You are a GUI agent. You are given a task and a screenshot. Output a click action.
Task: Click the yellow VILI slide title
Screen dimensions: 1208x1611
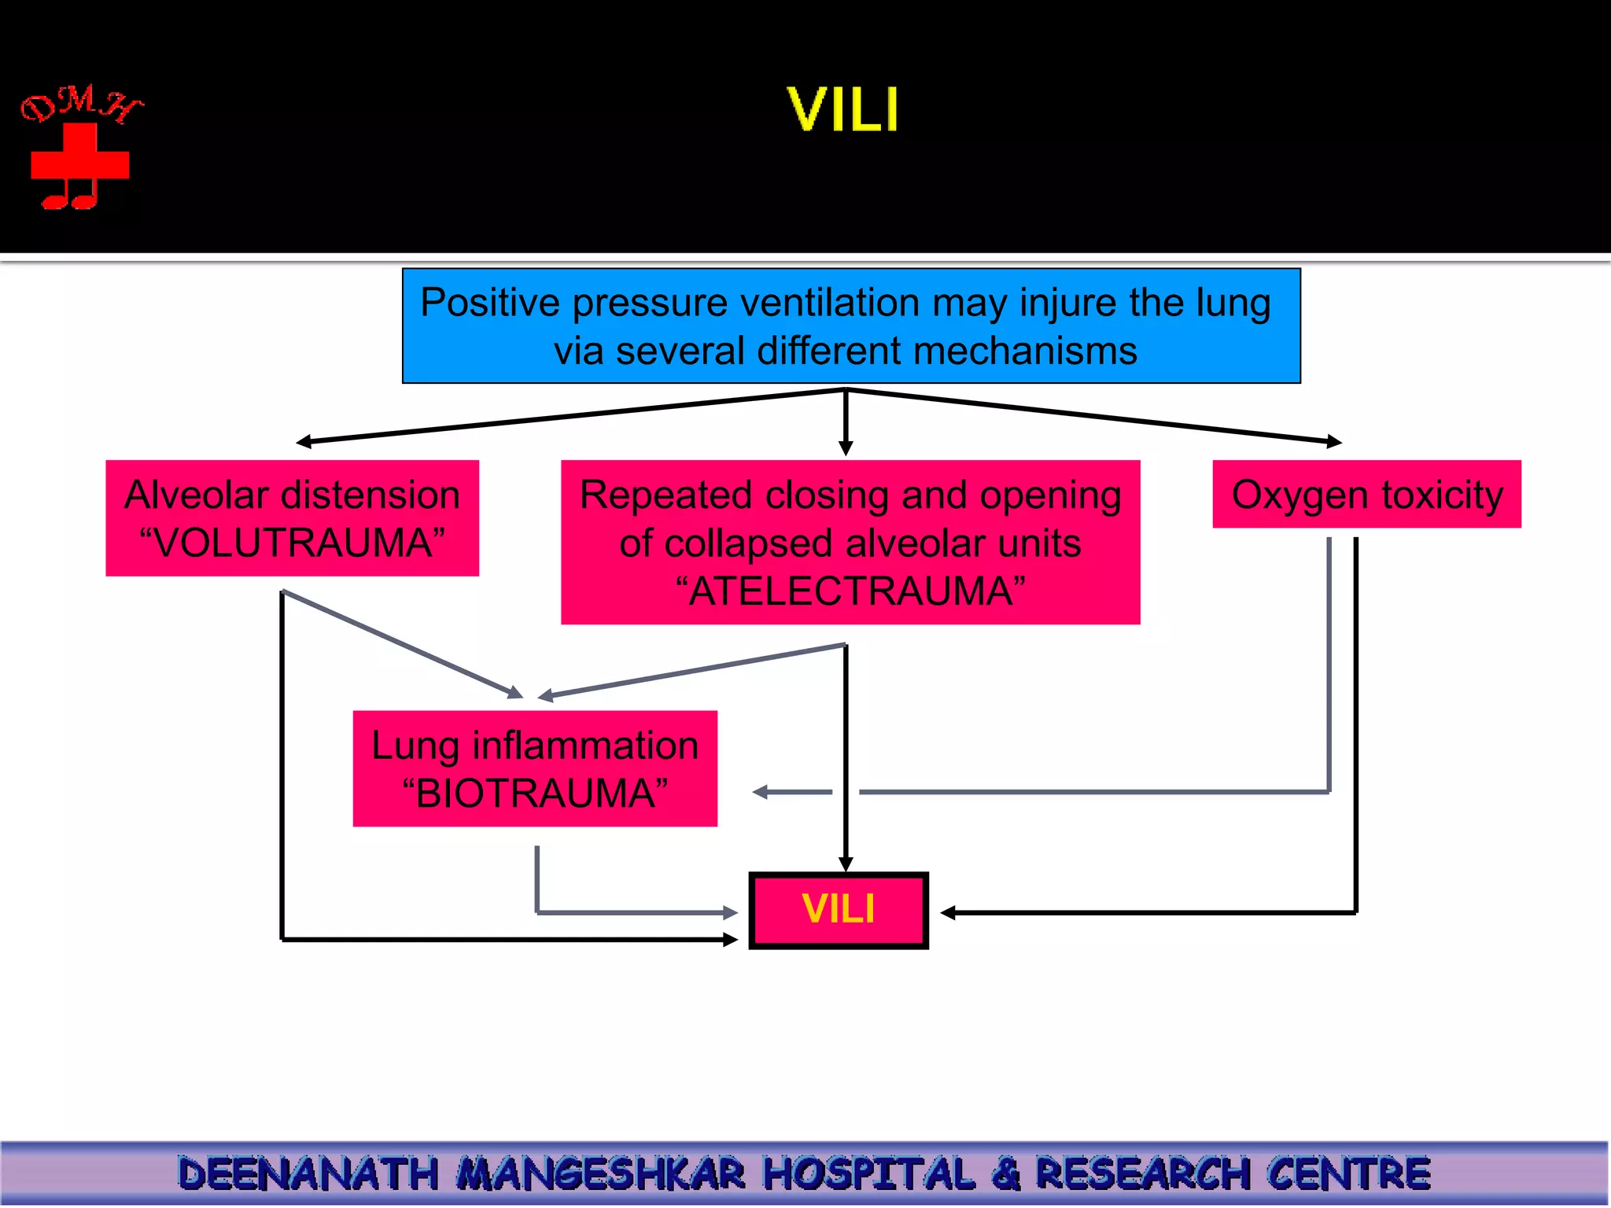[x=842, y=109]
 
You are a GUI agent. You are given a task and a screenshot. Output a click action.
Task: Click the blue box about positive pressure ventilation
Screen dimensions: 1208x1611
[x=850, y=326]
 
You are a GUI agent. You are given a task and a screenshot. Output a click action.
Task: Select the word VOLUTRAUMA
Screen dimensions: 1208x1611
[x=292, y=543]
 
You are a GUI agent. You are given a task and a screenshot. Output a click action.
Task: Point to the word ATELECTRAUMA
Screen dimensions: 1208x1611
[x=850, y=591]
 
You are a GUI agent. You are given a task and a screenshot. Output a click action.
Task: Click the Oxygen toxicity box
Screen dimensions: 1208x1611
[x=1366, y=495]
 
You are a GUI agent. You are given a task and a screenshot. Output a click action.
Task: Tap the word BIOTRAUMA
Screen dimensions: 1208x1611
[x=535, y=793]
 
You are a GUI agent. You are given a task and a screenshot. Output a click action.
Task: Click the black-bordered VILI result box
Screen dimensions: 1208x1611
[x=839, y=910]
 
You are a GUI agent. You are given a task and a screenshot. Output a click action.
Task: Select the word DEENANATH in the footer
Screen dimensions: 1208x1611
[x=308, y=1173]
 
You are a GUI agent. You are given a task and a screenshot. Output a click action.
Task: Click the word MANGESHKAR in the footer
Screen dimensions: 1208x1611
[x=602, y=1173]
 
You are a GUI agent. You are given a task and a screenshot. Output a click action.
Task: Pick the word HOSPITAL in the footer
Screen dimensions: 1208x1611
[x=869, y=1173]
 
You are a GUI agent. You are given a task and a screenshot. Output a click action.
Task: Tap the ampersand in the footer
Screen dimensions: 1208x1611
[x=1006, y=1173]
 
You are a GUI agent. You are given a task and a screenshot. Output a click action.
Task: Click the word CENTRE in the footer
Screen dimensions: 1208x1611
[x=1348, y=1173]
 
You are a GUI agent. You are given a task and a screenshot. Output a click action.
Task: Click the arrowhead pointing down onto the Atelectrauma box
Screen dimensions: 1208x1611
[x=846, y=448]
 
